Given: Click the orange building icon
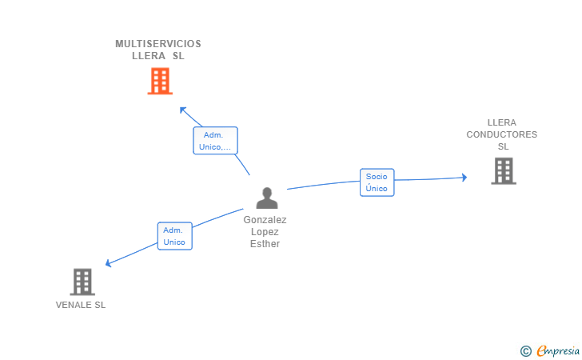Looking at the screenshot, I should (160, 81).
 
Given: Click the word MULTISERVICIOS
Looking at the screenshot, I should (158, 44).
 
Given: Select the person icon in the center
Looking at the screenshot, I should (266, 198).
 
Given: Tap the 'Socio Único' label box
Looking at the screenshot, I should (377, 182).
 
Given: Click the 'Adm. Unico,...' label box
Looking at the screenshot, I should (215, 141).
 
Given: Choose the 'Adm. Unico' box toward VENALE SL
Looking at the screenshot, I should (174, 236).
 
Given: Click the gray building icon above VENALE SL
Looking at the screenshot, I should (82, 282).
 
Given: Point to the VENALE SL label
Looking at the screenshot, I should (81, 305).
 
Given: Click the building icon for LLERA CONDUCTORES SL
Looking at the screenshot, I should (503, 171).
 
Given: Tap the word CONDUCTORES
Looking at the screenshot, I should (502, 134).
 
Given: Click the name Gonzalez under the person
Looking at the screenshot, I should (265, 219).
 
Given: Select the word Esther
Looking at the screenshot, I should (265, 244).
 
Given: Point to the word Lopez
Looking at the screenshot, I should (265, 232).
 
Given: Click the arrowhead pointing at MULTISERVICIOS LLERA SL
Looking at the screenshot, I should (183, 110).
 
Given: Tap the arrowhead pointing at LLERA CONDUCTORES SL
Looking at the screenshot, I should (463, 178).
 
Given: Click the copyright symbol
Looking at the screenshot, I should (525, 350).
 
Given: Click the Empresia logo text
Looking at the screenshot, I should (558, 350).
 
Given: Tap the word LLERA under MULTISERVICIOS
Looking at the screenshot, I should (149, 56).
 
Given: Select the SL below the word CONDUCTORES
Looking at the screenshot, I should (503, 146).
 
